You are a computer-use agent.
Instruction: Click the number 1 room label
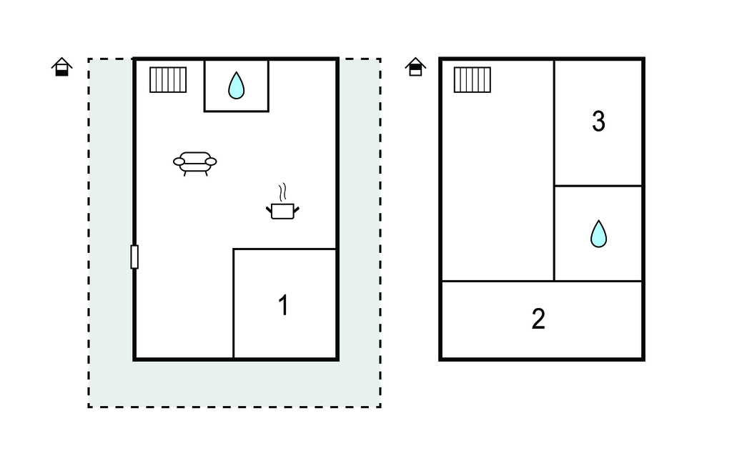283,305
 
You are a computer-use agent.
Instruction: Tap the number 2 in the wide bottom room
538,319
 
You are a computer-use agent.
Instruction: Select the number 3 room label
598,122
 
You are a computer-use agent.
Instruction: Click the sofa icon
194,164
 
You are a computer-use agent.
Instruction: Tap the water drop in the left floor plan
236,86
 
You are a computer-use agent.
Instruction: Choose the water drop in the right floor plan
598,234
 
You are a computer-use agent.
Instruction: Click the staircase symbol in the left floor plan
168,80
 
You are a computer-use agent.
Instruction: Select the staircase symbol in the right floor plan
473,80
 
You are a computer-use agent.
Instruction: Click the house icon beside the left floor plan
61,66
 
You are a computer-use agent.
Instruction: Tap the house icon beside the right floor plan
415,66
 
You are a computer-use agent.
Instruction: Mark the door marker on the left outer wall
134,257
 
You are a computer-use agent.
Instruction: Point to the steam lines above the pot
282,192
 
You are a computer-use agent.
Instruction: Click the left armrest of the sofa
179,162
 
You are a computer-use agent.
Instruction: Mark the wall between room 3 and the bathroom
598,186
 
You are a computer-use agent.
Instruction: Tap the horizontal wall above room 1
285,249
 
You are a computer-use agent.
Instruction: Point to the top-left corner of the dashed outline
89,59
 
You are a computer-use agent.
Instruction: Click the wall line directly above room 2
542,281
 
